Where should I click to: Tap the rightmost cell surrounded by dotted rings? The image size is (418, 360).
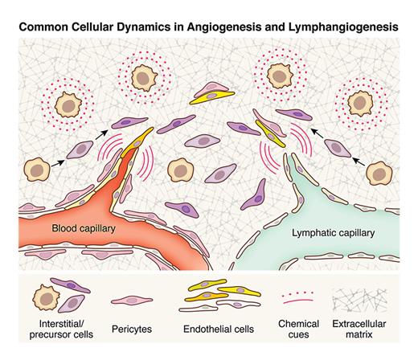(360, 104)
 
